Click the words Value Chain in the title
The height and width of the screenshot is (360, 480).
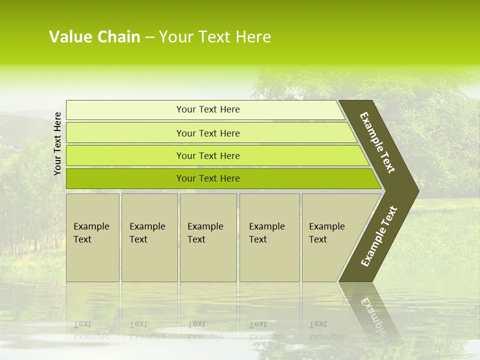pyautogui.click(x=94, y=37)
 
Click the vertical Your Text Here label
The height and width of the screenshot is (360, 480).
pyautogui.click(x=57, y=143)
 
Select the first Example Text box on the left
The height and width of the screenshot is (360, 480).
pyautogui.click(x=92, y=237)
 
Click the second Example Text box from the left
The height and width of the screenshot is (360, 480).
pyautogui.click(x=149, y=237)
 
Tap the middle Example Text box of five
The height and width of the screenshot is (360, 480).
pyautogui.click(x=208, y=237)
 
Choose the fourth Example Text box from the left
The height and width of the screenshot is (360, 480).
pyautogui.click(x=269, y=237)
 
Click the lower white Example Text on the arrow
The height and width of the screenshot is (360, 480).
pyautogui.click(x=379, y=236)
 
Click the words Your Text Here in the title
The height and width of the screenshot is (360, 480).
pyautogui.click(x=215, y=37)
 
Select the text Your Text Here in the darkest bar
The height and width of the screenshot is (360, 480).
pyautogui.click(x=208, y=178)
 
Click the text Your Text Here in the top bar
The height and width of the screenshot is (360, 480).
pyautogui.click(x=208, y=109)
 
